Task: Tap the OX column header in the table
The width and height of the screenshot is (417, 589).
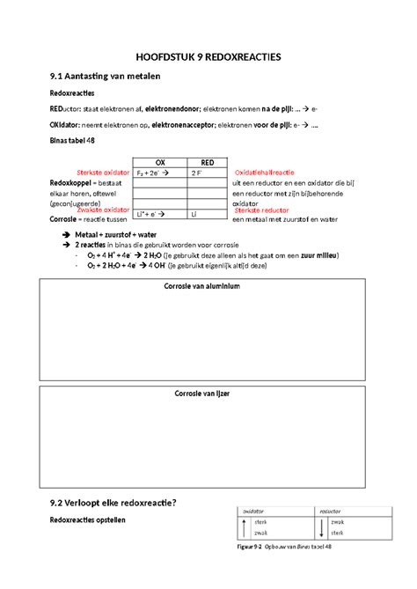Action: point(159,163)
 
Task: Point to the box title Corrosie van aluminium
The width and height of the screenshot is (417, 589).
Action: point(208,287)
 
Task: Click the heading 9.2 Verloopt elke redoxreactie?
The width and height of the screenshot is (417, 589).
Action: point(113,503)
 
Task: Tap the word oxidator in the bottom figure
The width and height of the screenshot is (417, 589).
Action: point(254,510)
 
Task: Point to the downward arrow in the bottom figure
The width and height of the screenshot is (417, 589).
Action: point(322,527)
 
